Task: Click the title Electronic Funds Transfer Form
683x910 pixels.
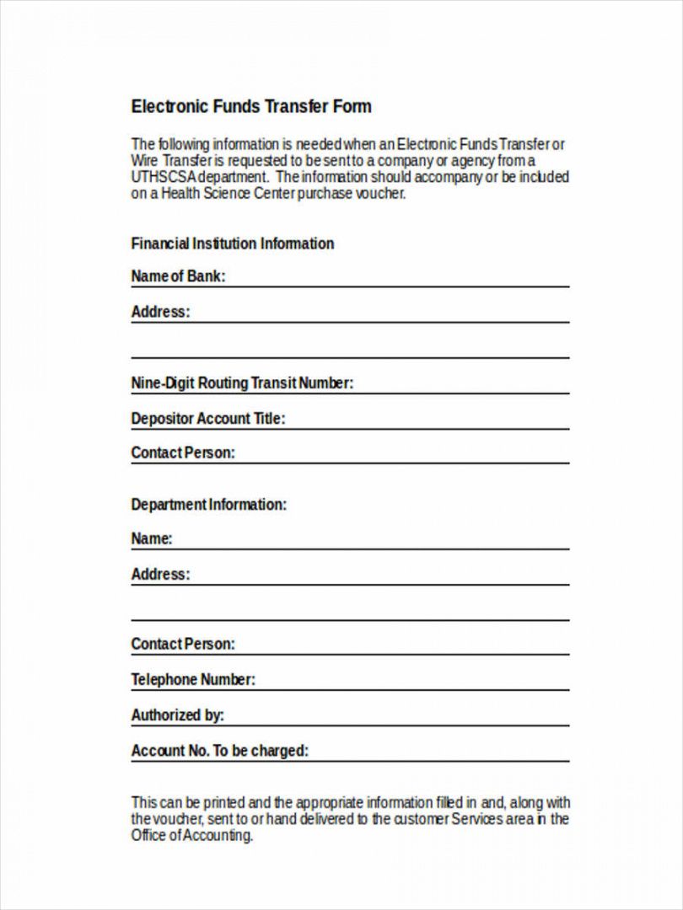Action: pyautogui.click(x=251, y=107)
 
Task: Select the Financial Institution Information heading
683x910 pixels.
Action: pyautogui.click(x=233, y=244)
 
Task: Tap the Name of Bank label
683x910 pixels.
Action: pyautogui.click(x=178, y=276)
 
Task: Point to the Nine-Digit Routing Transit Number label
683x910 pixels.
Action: pyautogui.click(x=242, y=383)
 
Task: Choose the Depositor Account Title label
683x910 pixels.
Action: pyautogui.click(x=208, y=419)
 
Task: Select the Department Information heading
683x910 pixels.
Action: pyautogui.click(x=209, y=505)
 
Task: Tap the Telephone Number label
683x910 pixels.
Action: pyautogui.click(x=193, y=680)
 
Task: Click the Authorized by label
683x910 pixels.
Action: pyautogui.click(x=178, y=715)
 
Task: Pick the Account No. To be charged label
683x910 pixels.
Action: pyautogui.click(x=220, y=751)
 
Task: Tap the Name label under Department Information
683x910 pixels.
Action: pyautogui.click(x=152, y=539)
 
